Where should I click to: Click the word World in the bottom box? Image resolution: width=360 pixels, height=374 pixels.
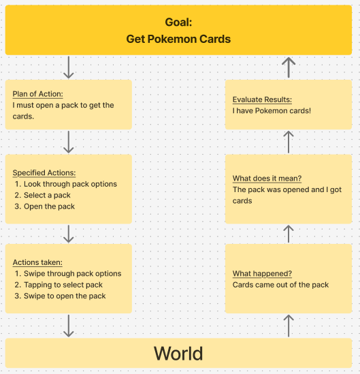(x=178, y=354)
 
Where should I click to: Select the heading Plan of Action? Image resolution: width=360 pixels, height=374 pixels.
(x=37, y=94)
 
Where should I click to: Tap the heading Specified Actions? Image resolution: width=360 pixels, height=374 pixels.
(x=44, y=172)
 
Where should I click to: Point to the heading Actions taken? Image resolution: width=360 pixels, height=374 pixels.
(x=37, y=262)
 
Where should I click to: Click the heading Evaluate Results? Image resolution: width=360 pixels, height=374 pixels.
(x=262, y=99)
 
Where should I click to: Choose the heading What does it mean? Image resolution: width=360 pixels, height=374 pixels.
(x=267, y=178)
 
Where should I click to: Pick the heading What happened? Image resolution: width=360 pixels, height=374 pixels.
(x=262, y=274)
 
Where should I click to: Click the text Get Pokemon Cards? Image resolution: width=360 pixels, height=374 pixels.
(x=178, y=39)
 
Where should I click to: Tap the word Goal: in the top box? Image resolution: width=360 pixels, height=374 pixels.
(x=178, y=22)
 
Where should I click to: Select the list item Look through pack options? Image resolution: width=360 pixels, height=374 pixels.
(x=70, y=184)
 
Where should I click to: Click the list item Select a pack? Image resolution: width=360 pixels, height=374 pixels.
(x=47, y=195)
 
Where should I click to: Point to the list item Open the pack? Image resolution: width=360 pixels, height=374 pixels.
(x=49, y=206)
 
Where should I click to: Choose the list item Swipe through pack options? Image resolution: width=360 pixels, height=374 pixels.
(x=72, y=273)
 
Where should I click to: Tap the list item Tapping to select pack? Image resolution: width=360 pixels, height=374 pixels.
(x=63, y=285)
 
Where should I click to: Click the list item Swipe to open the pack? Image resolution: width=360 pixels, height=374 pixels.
(x=65, y=296)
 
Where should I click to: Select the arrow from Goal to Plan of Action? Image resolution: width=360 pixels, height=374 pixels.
(x=69, y=67)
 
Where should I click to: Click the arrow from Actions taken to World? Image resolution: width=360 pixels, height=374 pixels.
(x=69, y=326)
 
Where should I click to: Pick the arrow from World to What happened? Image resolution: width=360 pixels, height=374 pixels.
(x=289, y=326)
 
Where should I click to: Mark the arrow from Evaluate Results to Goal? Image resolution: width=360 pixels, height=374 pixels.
(x=289, y=67)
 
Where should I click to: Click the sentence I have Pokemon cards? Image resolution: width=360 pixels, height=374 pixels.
(x=272, y=110)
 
